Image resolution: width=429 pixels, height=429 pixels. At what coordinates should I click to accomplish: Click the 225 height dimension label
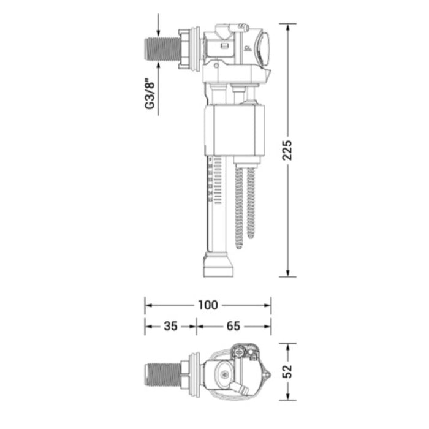[287, 150]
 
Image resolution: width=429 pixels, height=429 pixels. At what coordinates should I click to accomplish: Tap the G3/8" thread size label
[150, 94]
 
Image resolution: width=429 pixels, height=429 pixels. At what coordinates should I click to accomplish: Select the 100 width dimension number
[208, 305]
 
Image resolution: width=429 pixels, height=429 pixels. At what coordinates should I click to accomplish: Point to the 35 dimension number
[170, 326]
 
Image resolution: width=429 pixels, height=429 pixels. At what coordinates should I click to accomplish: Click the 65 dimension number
[233, 326]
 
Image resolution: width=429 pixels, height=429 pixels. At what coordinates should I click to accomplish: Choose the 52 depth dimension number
[287, 371]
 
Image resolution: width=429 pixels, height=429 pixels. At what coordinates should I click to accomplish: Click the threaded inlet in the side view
[162, 49]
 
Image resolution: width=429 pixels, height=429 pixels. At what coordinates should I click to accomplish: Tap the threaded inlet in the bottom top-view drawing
[163, 375]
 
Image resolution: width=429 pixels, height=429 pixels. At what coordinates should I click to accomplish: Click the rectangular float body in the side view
[235, 130]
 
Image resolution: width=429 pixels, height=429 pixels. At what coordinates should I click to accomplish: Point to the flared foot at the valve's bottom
[219, 265]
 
